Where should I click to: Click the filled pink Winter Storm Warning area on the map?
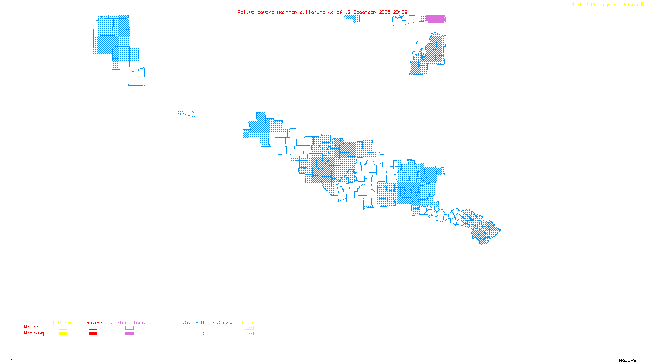point(436,19)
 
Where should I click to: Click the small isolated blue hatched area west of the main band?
point(187,113)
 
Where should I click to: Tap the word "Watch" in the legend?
point(31,327)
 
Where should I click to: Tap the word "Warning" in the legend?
point(34,333)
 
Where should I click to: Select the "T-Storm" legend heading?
point(62,323)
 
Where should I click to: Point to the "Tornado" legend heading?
point(92,323)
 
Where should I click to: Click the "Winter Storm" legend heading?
point(128,323)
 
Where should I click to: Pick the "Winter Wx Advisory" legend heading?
point(207,323)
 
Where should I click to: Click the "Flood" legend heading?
point(249,323)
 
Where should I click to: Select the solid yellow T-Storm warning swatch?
point(63,334)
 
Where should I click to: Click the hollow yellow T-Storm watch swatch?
point(63,328)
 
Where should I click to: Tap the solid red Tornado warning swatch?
point(93,334)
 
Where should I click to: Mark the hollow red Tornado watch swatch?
point(93,328)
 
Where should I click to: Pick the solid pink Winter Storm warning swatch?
point(129,334)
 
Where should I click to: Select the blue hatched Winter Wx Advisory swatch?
point(206,334)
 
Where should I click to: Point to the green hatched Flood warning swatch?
point(250,334)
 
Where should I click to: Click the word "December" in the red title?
point(365,12)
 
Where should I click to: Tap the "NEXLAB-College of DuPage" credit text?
point(605,4)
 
